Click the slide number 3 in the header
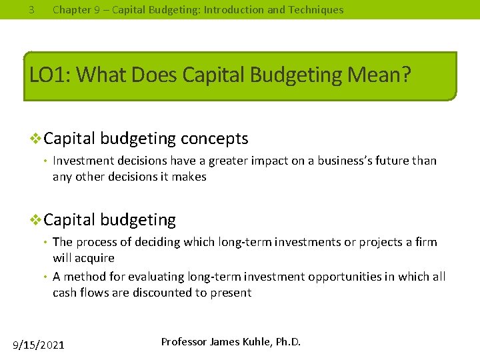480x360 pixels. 31,10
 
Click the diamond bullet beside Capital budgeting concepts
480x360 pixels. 37,139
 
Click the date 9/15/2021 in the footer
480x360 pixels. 39,345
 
